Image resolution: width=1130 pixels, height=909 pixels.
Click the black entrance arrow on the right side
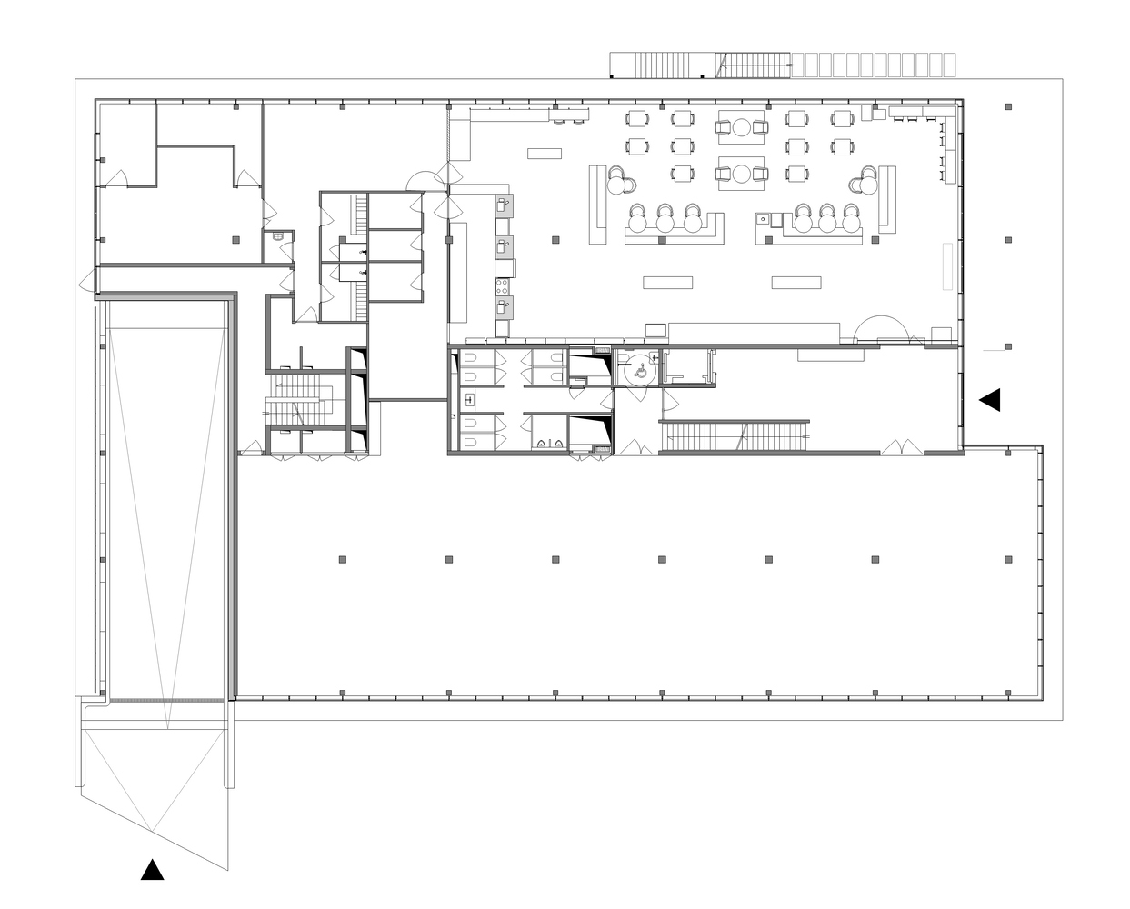[990, 400]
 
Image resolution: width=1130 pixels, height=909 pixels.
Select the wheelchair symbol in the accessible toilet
[638, 371]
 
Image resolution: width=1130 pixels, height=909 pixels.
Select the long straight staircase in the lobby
[735, 435]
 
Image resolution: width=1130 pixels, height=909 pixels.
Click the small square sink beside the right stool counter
[764, 218]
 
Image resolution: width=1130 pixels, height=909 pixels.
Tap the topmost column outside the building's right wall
[1008, 107]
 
